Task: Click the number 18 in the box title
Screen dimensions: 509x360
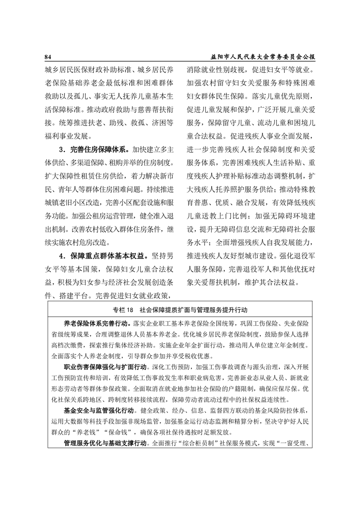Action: coord(129,310)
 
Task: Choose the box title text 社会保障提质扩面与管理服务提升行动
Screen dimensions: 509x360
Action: coord(194,310)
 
